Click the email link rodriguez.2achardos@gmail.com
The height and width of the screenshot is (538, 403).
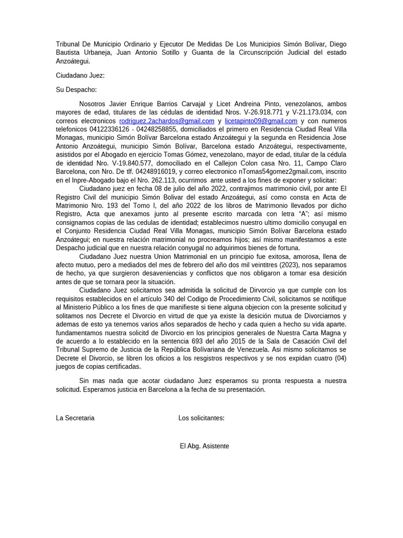tap(167, 121)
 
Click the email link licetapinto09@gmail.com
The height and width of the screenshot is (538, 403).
tap(261, 121)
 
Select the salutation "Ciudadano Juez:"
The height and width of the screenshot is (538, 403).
tap(80, 75)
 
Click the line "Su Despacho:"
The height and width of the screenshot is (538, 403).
tap(77, 90)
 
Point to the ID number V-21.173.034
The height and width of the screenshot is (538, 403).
tap(312, 112)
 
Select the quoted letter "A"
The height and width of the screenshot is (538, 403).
tap(303, 213)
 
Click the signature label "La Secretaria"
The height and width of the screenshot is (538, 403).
tap(75, 418)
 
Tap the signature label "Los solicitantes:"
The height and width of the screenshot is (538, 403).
tap(201, 418)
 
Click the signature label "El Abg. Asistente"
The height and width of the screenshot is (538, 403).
tap(204, 446)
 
